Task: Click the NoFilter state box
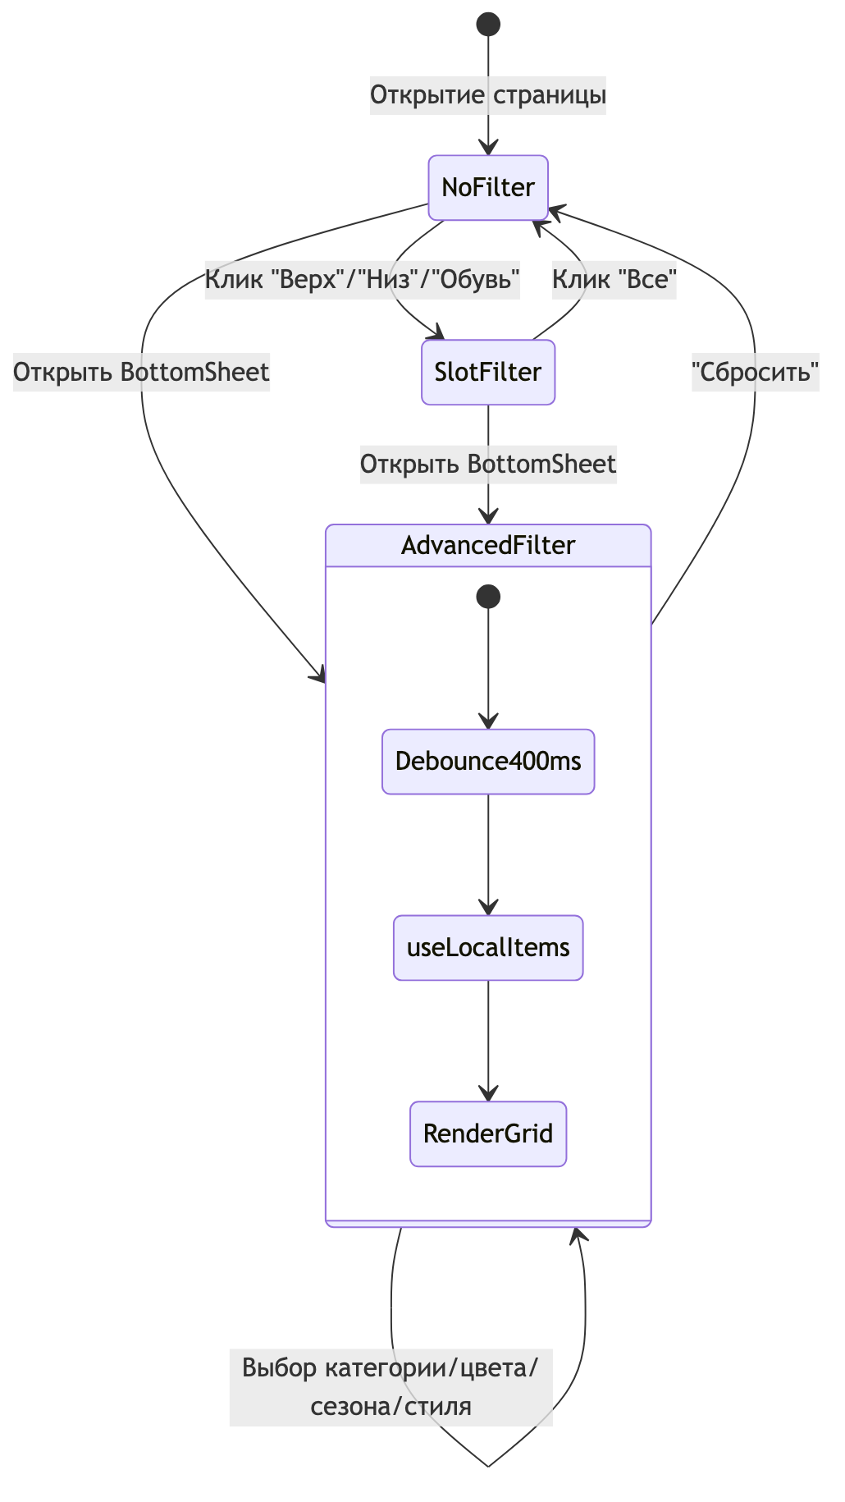click(488, 188)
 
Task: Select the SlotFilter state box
click(488, 373)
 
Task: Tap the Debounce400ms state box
click(488, 762)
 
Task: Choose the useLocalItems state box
click(488, 948)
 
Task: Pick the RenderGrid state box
click(488, 1134)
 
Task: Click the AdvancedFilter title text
click(488, 546)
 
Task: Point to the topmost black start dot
click(488, 25)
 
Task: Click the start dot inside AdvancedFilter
click(488, 596)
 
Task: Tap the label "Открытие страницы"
click(488, 95)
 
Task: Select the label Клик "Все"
click(614, 280)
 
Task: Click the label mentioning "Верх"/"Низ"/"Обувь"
click(362, 280)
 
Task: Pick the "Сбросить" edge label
click(755, 373)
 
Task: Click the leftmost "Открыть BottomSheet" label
click(141, 373)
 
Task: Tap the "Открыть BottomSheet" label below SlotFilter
click(488, 465)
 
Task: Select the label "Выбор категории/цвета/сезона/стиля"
click(391, 1387)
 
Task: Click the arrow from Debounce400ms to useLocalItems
click(488, 854)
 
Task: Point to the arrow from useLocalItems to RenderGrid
click(488, 1041)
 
